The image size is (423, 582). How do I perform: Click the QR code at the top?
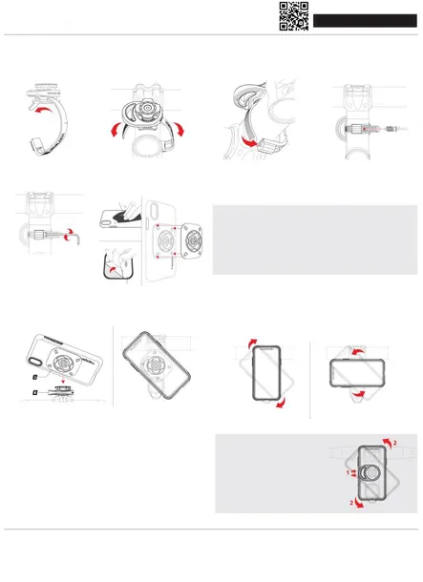tap(293, 16)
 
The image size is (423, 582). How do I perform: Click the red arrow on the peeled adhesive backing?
tap(116, 271)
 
